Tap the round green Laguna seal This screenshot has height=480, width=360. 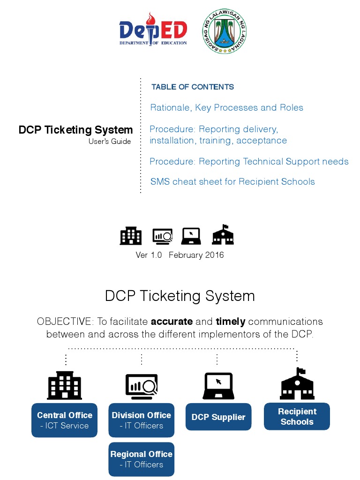(224, 31)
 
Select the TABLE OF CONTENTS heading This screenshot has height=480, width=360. (193, 87)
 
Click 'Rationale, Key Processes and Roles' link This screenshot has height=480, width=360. (226, 108)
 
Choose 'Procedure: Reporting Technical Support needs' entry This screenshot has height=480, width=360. (249, 162)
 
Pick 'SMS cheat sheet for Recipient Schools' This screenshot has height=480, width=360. (232, 182)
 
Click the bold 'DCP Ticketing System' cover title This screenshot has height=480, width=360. (76, 130)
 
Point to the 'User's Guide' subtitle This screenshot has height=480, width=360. (110, 141)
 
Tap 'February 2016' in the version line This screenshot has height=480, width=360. (196, 255)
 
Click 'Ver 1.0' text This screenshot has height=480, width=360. (149, 255)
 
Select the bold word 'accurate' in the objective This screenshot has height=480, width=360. (172, 322)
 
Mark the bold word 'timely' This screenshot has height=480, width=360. (231, 322)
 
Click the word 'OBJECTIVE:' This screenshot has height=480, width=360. (65, 322)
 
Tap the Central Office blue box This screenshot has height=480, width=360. (65, 420)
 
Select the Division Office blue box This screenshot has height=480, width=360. (141, 420)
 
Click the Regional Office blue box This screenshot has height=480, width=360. (141, 459)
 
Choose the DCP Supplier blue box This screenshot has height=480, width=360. (218, 417)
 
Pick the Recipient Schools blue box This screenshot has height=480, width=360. (297, 416)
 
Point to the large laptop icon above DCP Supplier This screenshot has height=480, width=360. (218, 386)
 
